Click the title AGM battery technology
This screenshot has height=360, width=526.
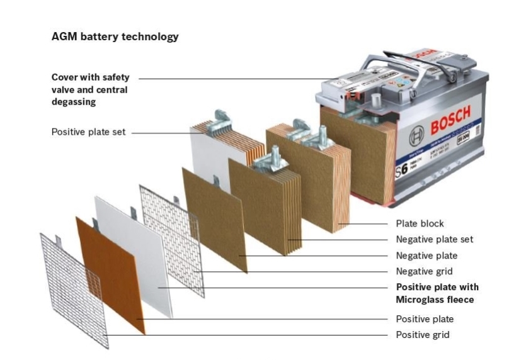pyautogui.click(x=115, y=37)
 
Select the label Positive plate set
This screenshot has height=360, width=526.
pyautogui.click(x=88, y=132)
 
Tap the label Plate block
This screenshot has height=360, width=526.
pyautogui.click(x=420, y=223)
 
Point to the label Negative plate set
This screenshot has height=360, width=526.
pyautogui.click(x=434, y=239)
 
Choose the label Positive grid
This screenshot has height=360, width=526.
pyautogui.click(x=422, y=335)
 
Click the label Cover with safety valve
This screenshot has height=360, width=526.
pyautogui.click(x=90, y=77)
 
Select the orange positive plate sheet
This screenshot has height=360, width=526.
pyautogui.click(x=111, y=274)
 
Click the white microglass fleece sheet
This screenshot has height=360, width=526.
pyautogui.click(x=134, y=252)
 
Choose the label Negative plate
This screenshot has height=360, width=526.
pyautogui.click(x=426, y=256)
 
